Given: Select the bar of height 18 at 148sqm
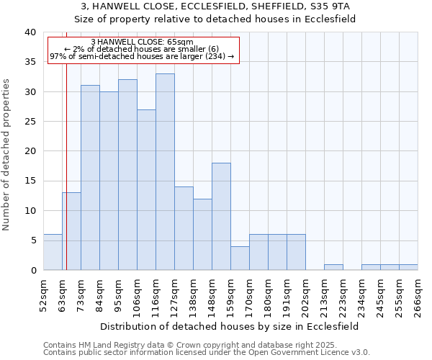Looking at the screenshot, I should tap(221, 216).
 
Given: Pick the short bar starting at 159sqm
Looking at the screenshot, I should tap(240, 258).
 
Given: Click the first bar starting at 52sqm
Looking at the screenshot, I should tap(53, 252).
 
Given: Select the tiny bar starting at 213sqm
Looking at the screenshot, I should tap(333, 267).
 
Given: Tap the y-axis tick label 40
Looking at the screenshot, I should tap(30, 32).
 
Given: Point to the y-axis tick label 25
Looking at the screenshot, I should tap(30, 122).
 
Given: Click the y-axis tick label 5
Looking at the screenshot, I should tap(32, 240).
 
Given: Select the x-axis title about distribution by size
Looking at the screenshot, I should tap(230, 326).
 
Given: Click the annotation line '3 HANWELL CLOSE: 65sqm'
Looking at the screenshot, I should tap(142, 42).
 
